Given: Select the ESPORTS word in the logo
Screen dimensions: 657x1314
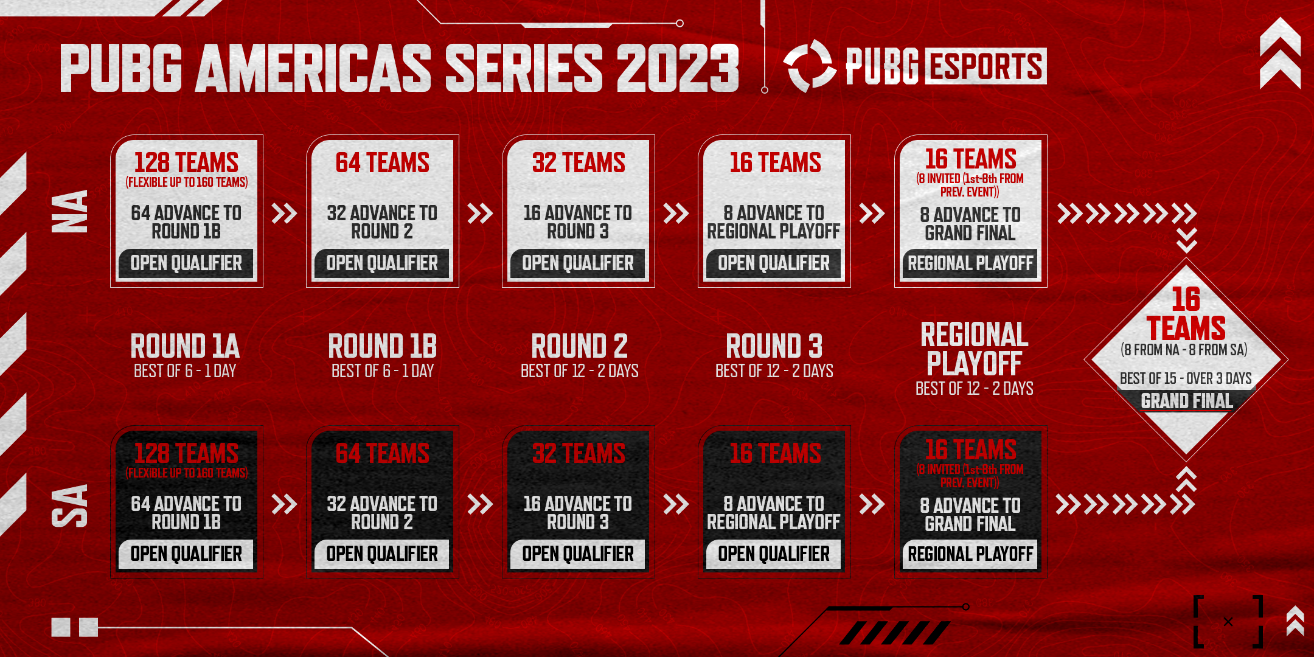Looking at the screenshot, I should click(x=985, y=66).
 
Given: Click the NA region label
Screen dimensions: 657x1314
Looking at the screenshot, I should click(x=70, y=211).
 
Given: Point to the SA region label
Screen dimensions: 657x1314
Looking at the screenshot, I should click(x=70, y=505).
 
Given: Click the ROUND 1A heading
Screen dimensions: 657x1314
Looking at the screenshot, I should click(x=185, y=346).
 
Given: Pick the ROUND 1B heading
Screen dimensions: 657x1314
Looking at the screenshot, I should click(x=382, y=346).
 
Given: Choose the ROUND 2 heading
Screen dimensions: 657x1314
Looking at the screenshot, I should click(x=579, y=346).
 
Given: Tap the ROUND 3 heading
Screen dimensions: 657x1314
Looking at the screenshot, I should click(x=774, y=346).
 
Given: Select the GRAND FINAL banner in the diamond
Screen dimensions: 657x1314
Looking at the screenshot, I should click(x=1186, y=401).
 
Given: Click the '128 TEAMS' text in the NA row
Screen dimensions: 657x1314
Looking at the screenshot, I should click(x=186, y=162).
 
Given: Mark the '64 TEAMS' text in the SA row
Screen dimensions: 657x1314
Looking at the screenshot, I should click(x=382, y=453).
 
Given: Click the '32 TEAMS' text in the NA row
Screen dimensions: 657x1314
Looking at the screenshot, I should click(x=579, y=162).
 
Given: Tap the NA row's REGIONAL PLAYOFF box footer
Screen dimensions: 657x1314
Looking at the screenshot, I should click(x=970, y=263).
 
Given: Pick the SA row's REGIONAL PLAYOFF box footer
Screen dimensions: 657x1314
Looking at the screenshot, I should click(x=970, y=554).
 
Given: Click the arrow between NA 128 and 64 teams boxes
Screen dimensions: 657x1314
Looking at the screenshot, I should click(x=284, y=214).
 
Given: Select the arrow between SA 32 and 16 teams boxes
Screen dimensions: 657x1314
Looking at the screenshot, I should click(x=676, y=504).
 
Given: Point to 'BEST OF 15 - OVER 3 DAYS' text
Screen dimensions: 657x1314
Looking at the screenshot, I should click(x=1186, y=378).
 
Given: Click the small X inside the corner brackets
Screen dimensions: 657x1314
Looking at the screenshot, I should click(x=1228, y=622).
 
